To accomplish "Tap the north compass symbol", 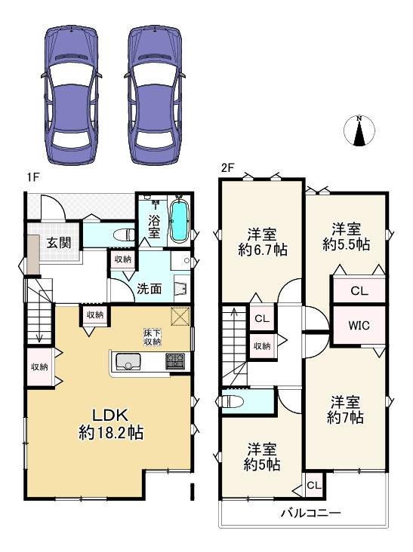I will pyautogui.click(x=360, y=131).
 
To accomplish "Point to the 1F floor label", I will pyautogui.click(x=32, y=177).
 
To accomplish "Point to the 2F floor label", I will pyautogui.click(x=227, y=167).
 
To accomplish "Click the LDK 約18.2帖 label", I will pyautogui.click(x=111, y=425).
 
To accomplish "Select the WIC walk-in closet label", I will pyautogui.click(x=358, y=326).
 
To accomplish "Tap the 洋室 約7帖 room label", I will pyautogui.click(x=347, y=409).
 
